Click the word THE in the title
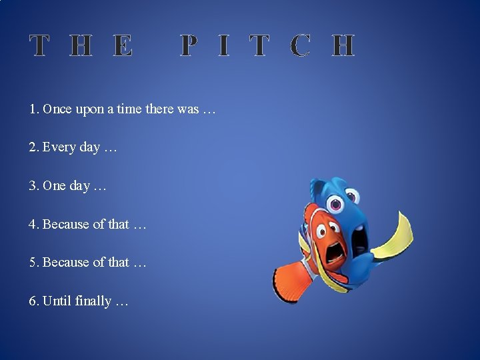click(x=81, y=46)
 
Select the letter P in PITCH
click(x=189, y=46)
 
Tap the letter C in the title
click(x=301, y=46)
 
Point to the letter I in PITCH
click(x=224, y=46)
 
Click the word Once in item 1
click(x=57, y=109)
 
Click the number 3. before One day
click(x=33, y=186)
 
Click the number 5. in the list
click(x=33, y=263)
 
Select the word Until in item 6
click(x=57, y=301)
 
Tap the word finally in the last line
click(x=93, y=301)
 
